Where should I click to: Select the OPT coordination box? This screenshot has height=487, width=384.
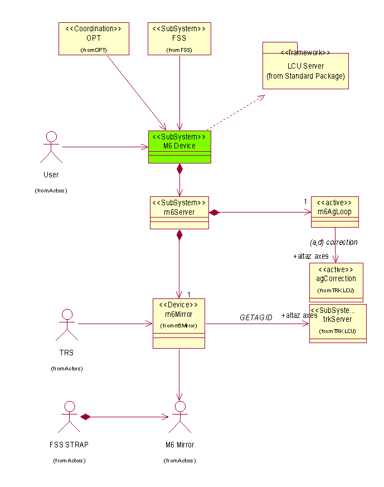point(94,38)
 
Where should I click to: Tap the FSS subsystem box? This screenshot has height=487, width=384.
point(179,38)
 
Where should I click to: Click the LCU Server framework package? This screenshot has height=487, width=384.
point(305,71)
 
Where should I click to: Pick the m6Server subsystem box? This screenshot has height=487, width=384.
point(179,212)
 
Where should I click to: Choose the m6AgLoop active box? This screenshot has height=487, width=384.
point(334,211)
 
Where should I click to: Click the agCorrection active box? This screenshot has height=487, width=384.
point(336,282)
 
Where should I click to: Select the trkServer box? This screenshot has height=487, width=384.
point(338,324)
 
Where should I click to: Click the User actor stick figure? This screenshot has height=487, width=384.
point(51,147)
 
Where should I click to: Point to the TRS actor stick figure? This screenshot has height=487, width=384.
point(67,324)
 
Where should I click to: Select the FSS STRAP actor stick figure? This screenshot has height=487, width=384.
point(69,417)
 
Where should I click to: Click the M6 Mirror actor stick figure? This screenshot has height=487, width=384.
point(179,417)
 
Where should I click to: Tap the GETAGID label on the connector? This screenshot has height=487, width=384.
point(256,317)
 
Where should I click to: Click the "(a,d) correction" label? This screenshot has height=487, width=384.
point(333,243)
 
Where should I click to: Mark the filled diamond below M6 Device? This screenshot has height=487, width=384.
point(179,168)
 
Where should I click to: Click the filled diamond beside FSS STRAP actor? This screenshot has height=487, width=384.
point(85,417)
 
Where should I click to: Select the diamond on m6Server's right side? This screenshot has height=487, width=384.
point(214,212)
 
